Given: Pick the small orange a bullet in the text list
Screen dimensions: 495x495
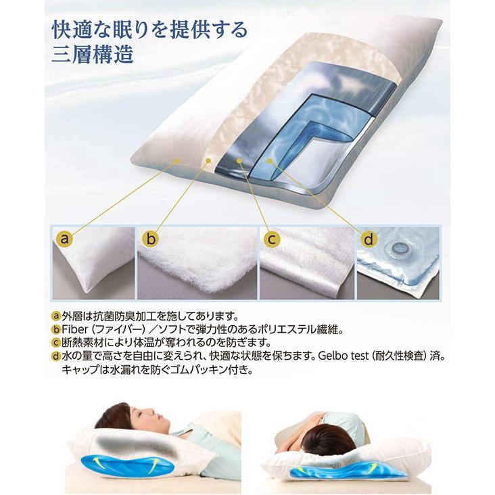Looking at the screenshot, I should pyautogui.click(x=56, y=316).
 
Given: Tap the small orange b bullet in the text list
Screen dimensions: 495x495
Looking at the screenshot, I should pyautogui.click(x=56, y=330).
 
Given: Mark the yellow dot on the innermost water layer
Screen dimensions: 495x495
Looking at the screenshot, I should pyautogui.click(x=269, y=161).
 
